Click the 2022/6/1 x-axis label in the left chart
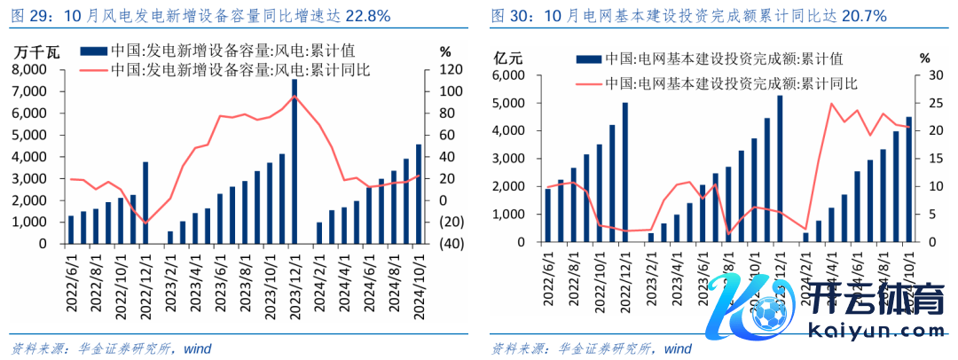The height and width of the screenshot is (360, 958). (71, 279)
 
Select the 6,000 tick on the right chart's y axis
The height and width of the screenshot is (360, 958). (509, 76)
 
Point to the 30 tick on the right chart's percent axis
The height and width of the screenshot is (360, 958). (924, 76)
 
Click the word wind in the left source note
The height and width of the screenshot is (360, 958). (198, 348)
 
